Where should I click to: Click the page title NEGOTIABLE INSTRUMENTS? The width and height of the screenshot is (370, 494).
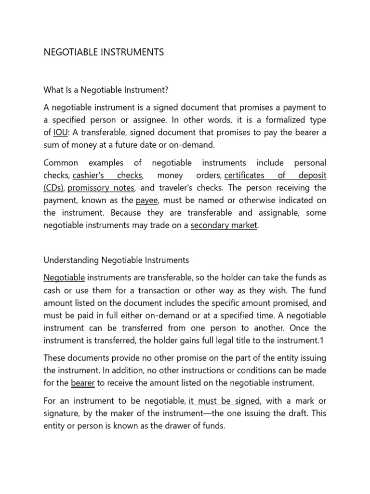104,52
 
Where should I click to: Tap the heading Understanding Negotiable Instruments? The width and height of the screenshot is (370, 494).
116,260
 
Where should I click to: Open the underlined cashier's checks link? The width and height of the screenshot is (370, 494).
107,176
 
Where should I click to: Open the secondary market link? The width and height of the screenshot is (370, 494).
224,225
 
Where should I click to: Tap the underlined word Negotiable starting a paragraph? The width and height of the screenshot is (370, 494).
64,278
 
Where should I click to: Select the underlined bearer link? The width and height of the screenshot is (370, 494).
82,384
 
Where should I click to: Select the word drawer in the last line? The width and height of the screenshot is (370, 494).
170,426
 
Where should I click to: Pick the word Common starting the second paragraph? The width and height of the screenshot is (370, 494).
59,163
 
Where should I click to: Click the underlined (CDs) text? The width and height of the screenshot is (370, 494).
55,188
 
